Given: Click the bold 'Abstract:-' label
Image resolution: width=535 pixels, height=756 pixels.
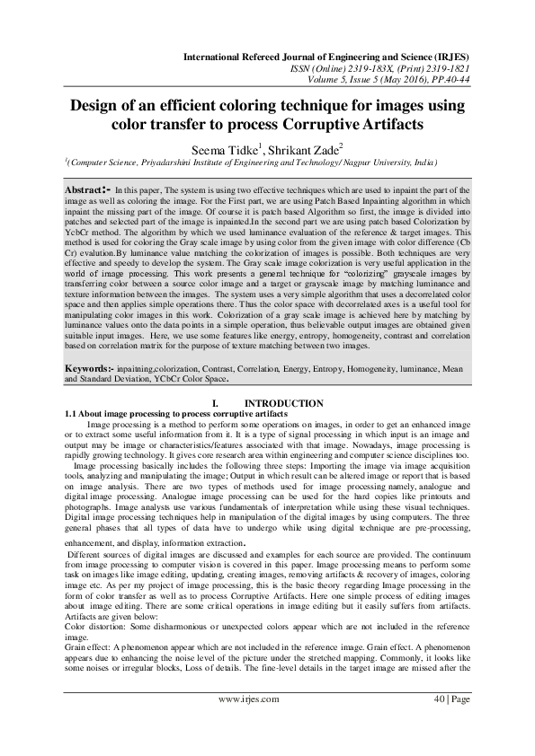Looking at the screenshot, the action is pos(89,191).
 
